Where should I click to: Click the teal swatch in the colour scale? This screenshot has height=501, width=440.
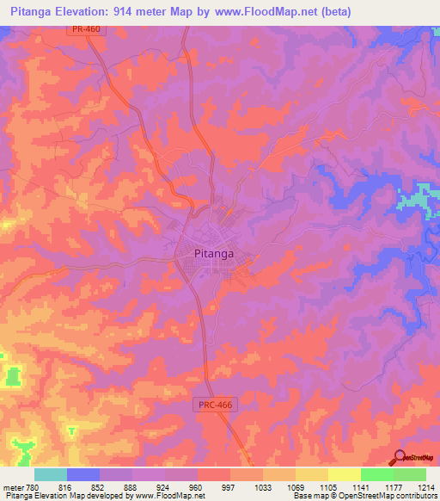(x=51, y=474)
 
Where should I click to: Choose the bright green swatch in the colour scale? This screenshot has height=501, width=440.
(x=376, y=474)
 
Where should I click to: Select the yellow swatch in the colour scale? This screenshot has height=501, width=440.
(x=344, y=474)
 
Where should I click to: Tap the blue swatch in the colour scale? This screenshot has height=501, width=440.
(x=83, y=474)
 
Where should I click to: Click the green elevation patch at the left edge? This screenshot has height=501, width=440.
(x=12, y=376)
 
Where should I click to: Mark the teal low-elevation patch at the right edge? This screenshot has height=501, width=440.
(x=419, y=198)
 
